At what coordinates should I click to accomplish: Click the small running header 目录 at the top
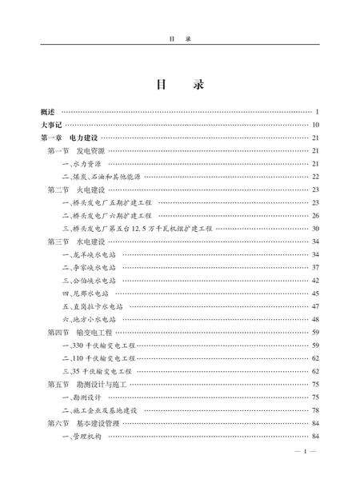pos(179,37)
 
